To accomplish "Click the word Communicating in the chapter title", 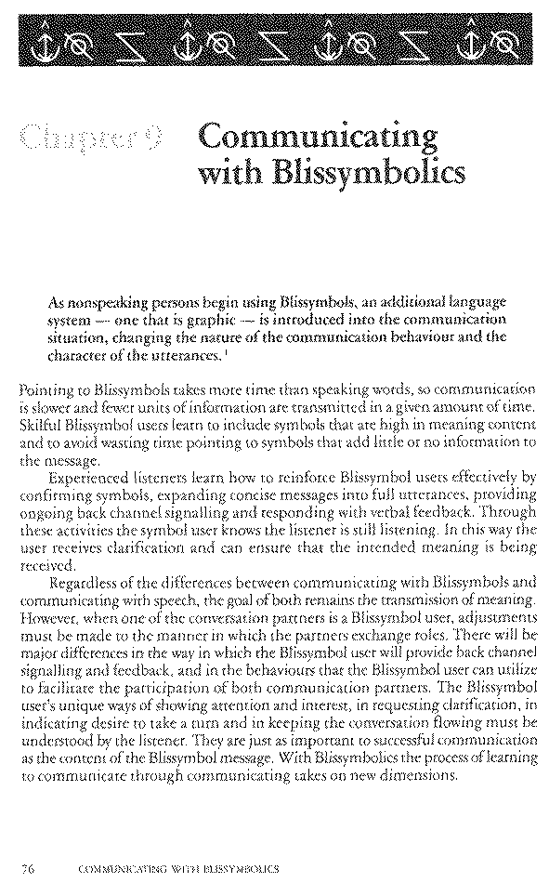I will (317, 138).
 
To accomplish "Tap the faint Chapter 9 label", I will (92, 140).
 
